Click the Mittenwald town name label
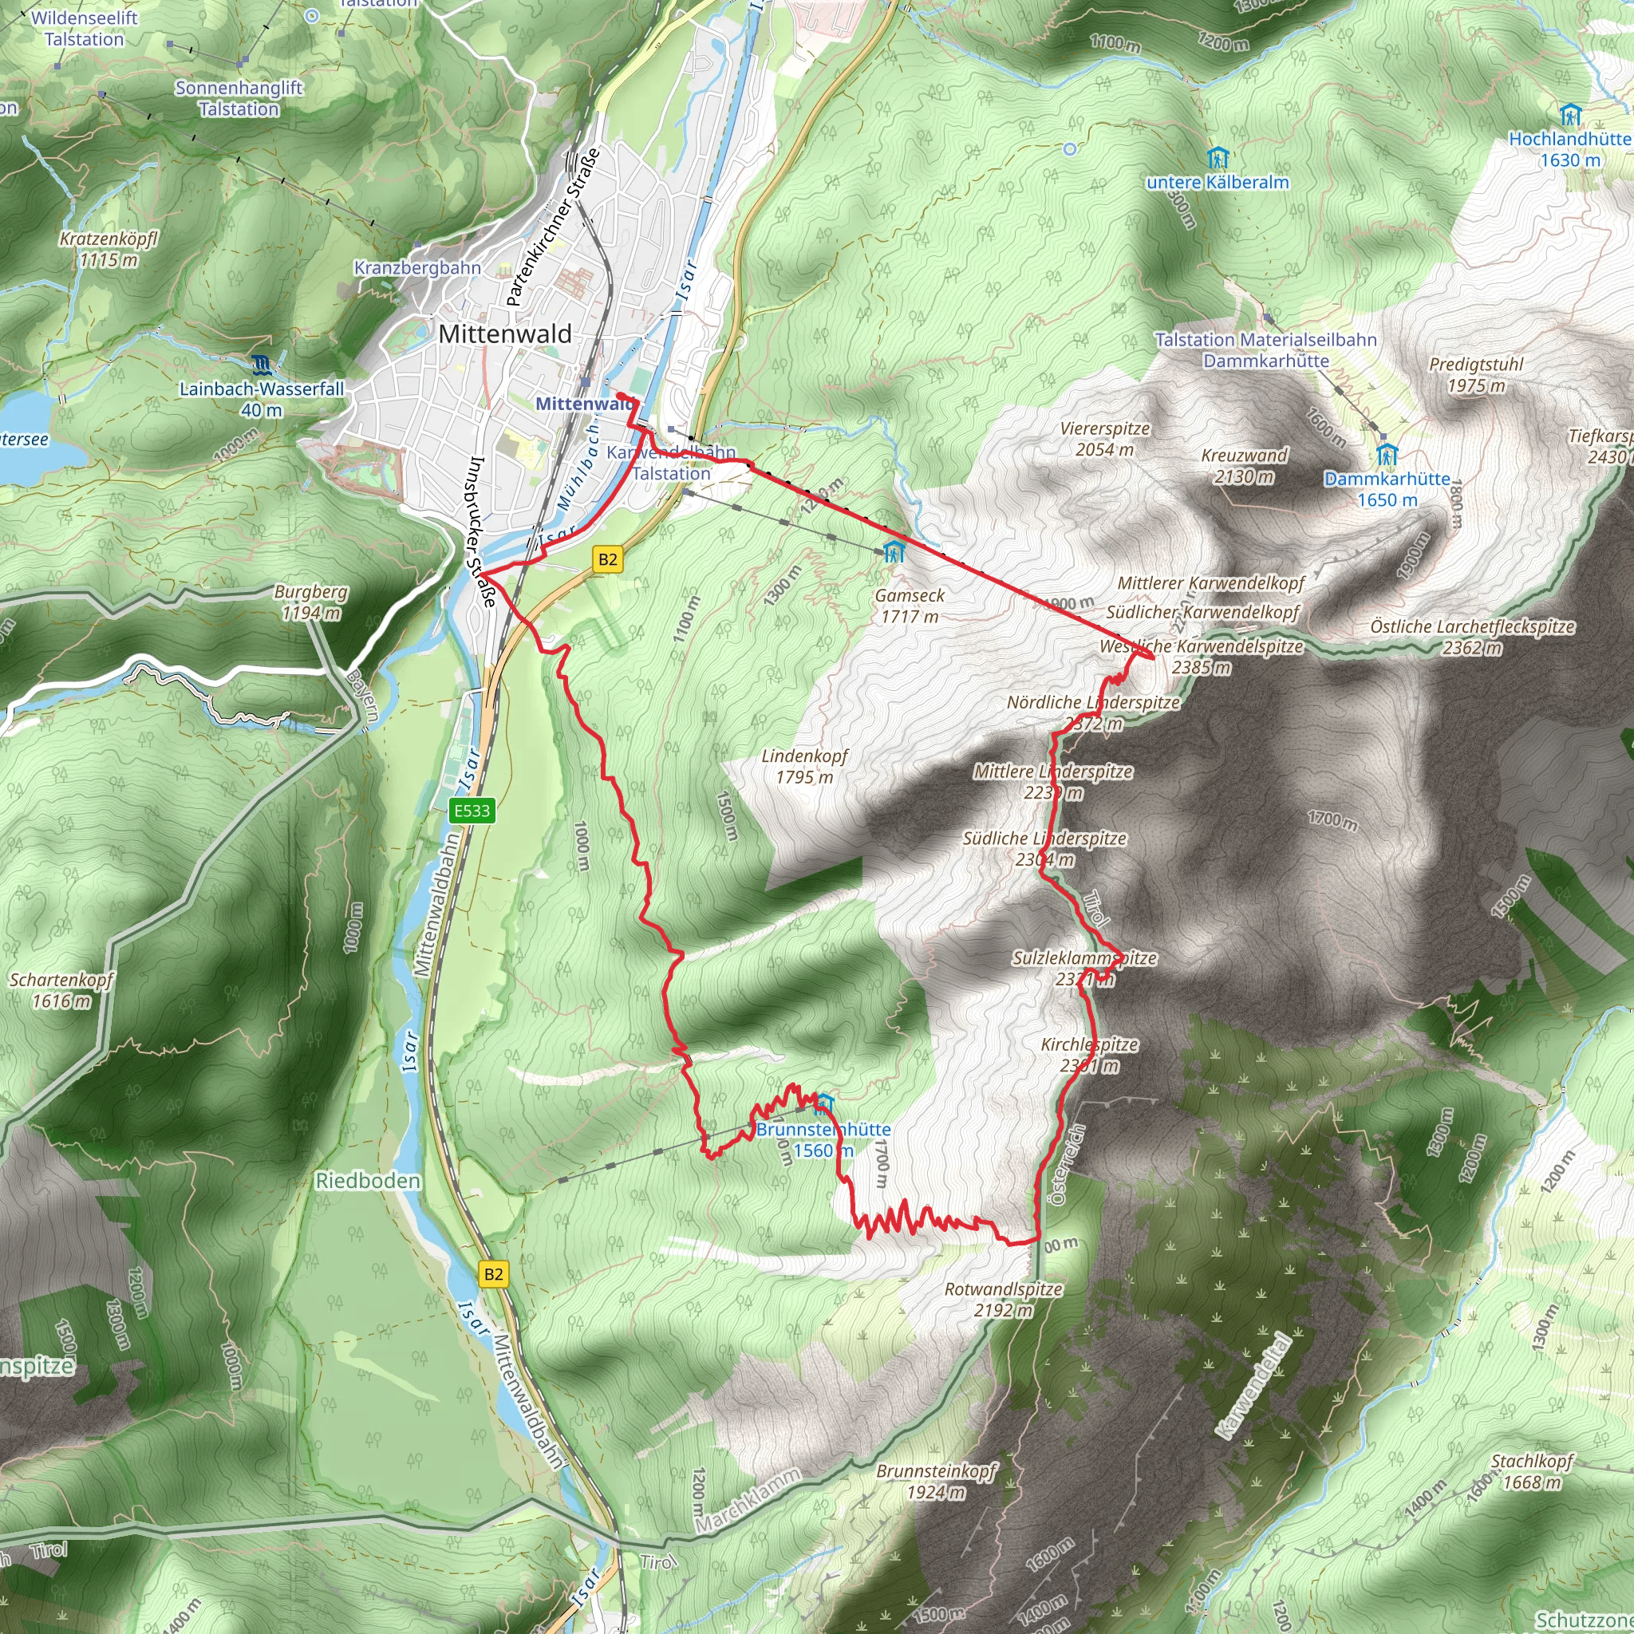(x=505, y=334)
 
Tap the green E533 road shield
(x=471, y=811)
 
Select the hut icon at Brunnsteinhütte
(x=825, y=1103)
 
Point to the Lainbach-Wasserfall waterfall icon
(x=262, y=365)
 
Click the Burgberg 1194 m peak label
(x=310, y=602)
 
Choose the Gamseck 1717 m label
(x=910, y=606)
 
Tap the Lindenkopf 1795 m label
(x=804, y=766)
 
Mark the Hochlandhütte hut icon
(x=1570, y=114)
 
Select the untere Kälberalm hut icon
(x=1218, y=158)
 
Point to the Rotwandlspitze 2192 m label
(x=1003, y=1300)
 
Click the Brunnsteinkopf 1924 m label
(x=936, y=1481)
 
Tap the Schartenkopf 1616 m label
(x=61, y=990)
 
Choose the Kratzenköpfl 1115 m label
(x=109, y=250)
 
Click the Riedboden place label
(x=368, y=1181)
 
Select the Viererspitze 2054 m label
(x=1104, y=439)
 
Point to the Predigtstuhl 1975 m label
(x=1476, y=375)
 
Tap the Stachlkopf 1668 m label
(x=1532, y=1470)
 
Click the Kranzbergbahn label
(x=417, y=268)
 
